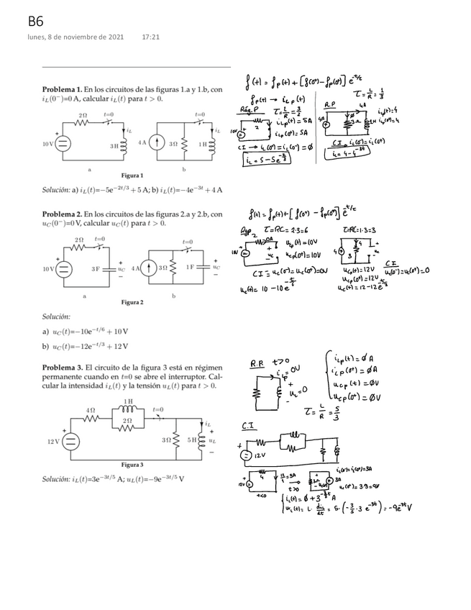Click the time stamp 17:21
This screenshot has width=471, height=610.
coord(150,37)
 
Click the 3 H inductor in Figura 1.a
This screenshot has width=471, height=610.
coord(123,144)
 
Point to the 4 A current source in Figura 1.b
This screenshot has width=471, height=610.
coord(152,143)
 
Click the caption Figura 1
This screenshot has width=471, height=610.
coord(132,175)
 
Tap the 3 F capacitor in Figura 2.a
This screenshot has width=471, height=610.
coord(107,269)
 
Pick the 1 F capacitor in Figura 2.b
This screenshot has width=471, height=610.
coord(204,267)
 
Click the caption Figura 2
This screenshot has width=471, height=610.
coord(132,302)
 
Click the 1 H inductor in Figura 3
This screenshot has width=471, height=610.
coord(127,408)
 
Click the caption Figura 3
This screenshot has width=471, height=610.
coord(132,464)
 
